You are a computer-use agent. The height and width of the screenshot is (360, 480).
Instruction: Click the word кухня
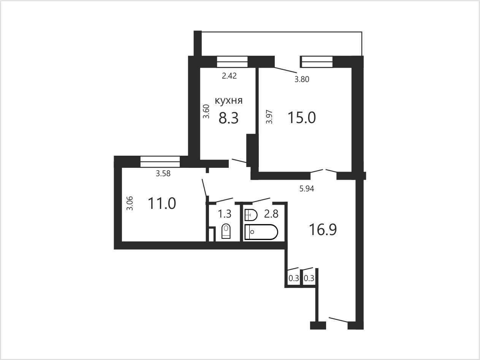click(229, 101)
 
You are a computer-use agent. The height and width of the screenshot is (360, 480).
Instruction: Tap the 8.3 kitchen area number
click(228, 118)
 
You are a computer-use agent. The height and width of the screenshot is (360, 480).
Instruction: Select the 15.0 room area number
click(302, 117)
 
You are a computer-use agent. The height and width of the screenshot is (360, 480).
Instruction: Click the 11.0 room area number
click(162, 204)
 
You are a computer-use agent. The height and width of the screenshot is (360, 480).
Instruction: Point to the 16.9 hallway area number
click(323, 230)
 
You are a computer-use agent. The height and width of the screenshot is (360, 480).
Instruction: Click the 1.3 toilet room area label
click(225, 214)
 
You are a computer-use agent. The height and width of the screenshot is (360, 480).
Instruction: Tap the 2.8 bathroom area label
click(271, 214)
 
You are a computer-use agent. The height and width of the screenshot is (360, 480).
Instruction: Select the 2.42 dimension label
click(229, 76)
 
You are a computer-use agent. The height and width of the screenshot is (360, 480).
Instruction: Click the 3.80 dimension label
click(302, 79)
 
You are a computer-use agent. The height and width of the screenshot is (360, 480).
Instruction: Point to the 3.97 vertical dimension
click(269, 117)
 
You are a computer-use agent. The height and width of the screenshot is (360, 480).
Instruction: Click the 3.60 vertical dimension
click(206, 111)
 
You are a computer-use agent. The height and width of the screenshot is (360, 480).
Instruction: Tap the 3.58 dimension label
click(163, 174)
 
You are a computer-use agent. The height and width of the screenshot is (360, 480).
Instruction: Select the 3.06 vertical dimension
click(130, 203)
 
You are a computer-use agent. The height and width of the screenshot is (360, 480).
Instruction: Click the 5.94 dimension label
click(307, 188)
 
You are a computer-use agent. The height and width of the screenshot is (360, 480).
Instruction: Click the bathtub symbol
click(261, 232)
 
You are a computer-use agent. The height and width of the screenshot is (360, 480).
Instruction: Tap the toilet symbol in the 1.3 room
click(226, 231)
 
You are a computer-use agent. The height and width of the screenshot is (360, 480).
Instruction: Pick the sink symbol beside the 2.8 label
click(251, 215)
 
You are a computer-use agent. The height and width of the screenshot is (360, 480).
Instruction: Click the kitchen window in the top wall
click(232, 62)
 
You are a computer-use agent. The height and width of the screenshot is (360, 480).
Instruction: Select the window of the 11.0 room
click(160, 162)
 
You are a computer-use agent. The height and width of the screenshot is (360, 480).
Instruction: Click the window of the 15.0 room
click(317, 62)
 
